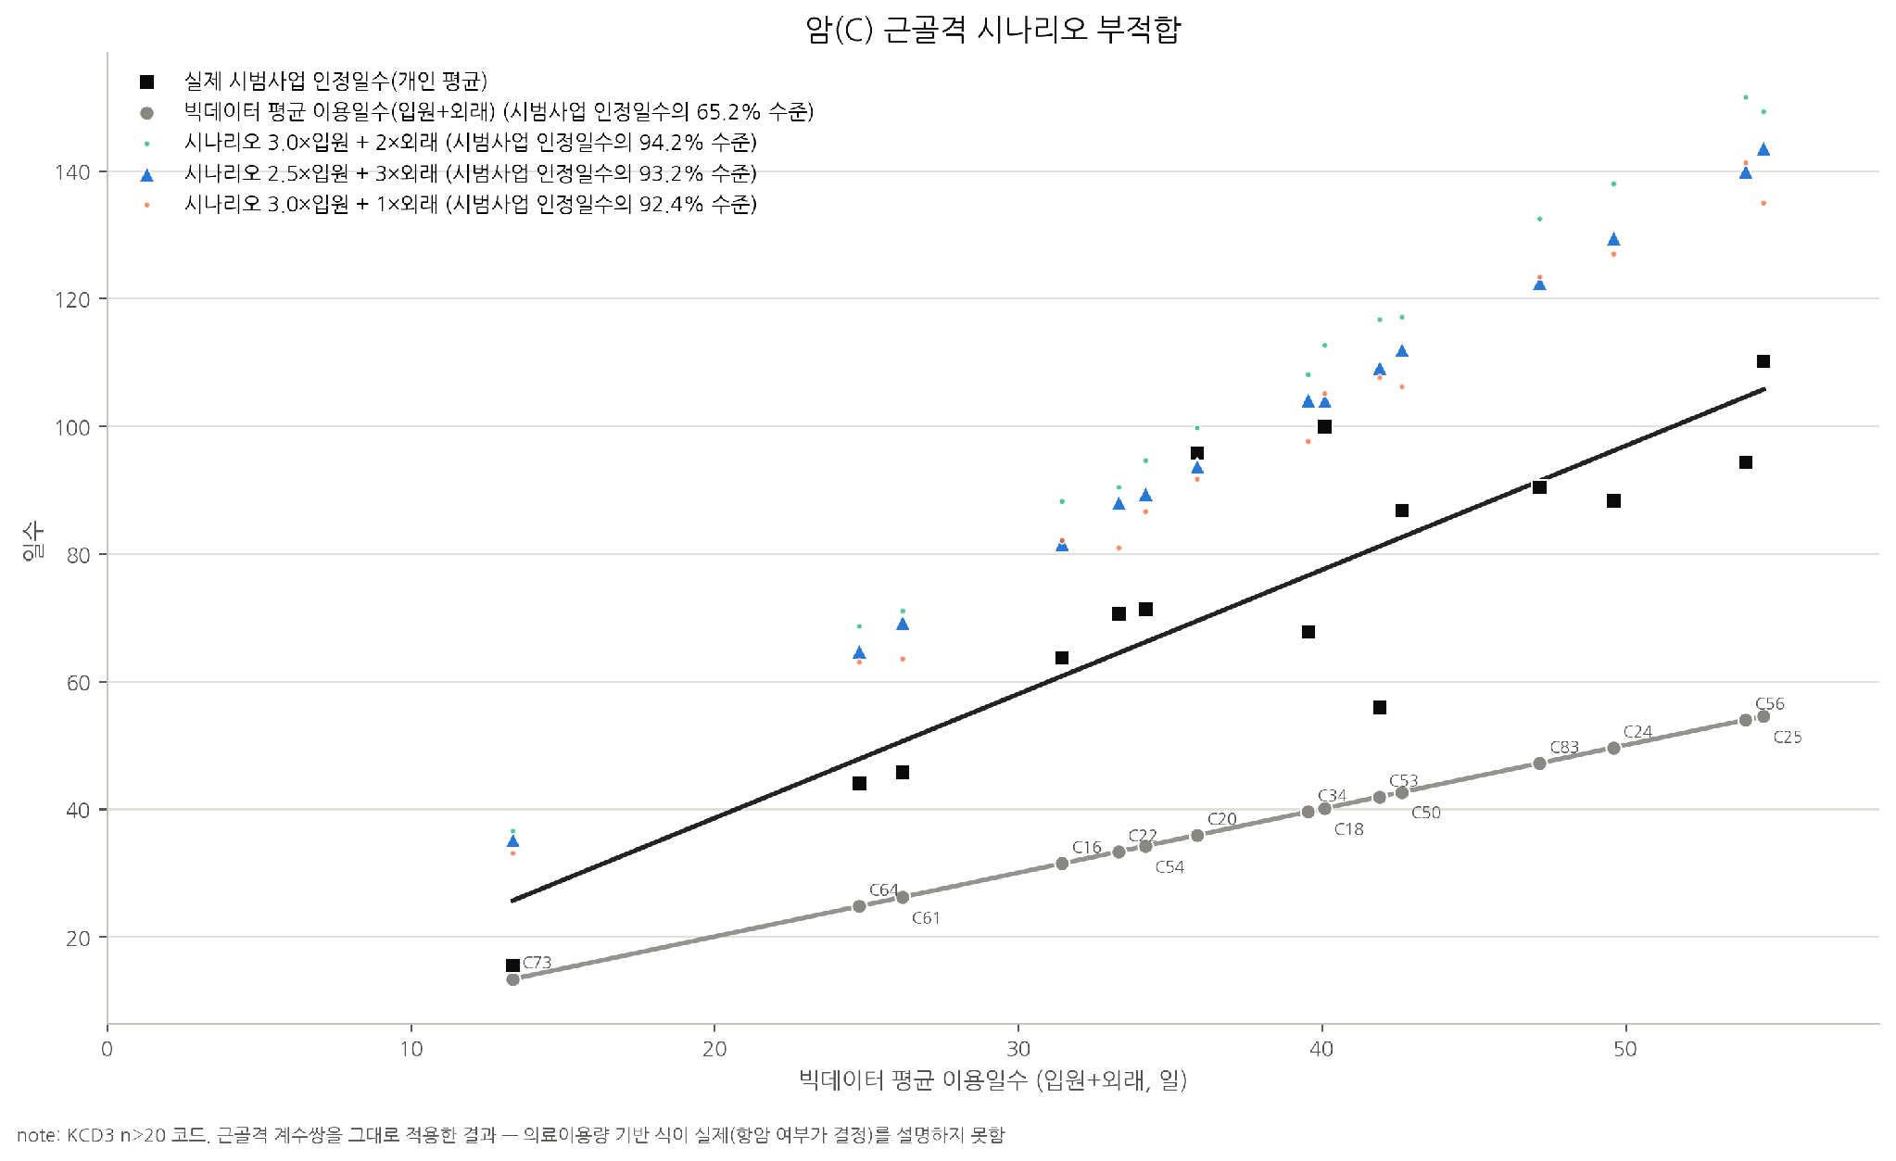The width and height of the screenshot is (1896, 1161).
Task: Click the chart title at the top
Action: (993, 29)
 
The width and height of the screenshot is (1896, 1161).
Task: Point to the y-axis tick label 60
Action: (79, 683)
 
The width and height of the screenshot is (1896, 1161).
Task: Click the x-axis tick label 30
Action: (1018, 1049)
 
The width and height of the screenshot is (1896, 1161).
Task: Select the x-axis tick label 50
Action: (1625, 1049)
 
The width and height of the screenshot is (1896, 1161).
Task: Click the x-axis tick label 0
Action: (107, 1049)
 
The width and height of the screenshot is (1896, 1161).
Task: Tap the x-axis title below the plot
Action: (993, 1079)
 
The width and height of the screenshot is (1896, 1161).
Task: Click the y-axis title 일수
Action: (32, 541)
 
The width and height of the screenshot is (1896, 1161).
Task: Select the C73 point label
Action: (537, 963)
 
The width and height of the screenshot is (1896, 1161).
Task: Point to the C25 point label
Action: (1788, 738)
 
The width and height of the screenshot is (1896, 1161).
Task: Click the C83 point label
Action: (1564, 748)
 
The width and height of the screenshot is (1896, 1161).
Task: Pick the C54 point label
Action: (1169, 867)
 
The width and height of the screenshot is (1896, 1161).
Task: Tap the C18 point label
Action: (1349, 829)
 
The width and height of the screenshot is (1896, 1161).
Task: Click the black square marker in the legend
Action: (146, 82)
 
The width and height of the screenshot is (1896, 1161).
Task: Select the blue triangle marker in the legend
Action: (146, 174)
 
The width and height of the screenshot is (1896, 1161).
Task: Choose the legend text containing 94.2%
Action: (471, 143)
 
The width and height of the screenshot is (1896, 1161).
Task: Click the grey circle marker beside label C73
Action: (512, 979)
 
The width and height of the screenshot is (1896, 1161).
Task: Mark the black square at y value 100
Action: (1324, 426)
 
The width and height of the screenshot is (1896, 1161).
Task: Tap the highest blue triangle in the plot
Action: (1763, 149)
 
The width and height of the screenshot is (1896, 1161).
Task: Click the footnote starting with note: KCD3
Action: (511, 1135)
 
